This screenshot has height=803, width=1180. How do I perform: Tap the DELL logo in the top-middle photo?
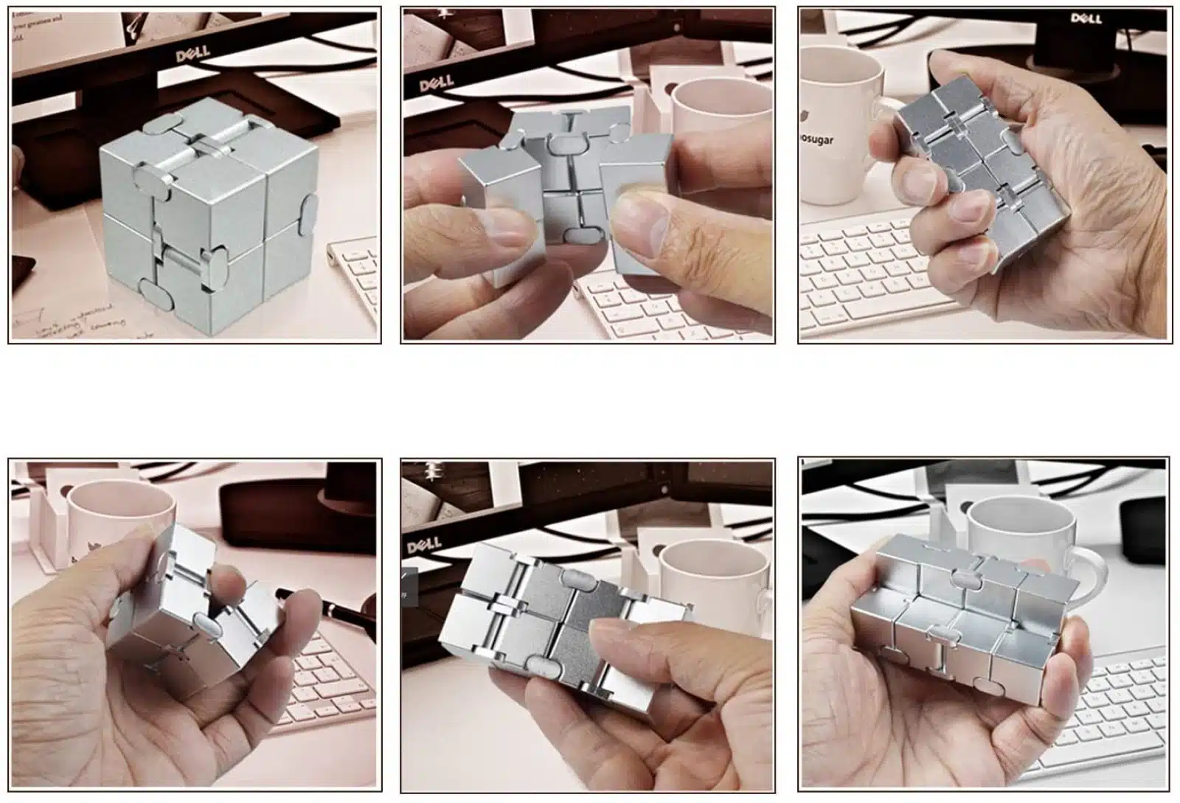[436, 83]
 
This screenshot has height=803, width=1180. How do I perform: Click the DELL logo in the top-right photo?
[1086, 18]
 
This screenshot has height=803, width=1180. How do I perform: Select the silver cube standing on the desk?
[210, 221]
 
